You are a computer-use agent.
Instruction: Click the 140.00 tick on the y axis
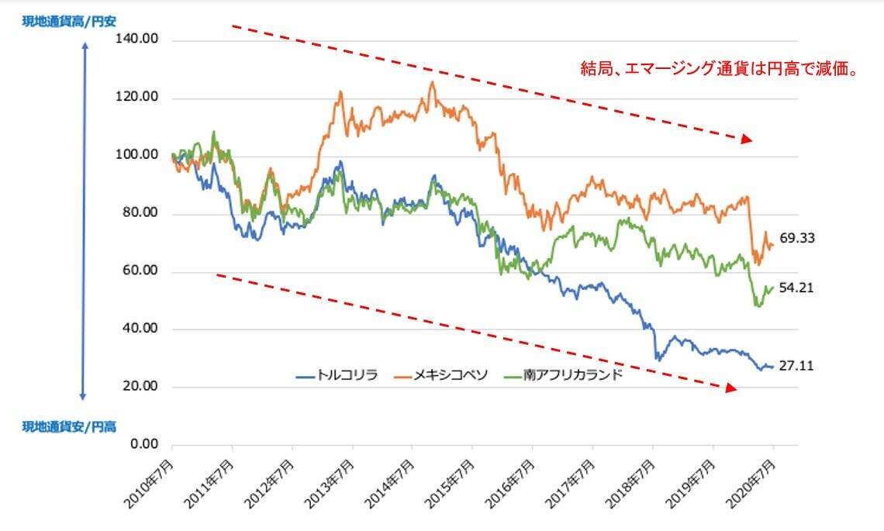[x=136, y=40]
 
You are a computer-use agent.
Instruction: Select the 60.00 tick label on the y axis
[x=140, y=271]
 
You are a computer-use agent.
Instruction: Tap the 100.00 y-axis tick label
[x=136, y=156]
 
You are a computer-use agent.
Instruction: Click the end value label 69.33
[x=797, y=239]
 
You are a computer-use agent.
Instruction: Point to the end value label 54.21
[x=797, y=288]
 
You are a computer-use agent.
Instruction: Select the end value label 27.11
[x=797, y=366]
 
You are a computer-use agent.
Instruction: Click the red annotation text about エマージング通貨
[x=718, y=69]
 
